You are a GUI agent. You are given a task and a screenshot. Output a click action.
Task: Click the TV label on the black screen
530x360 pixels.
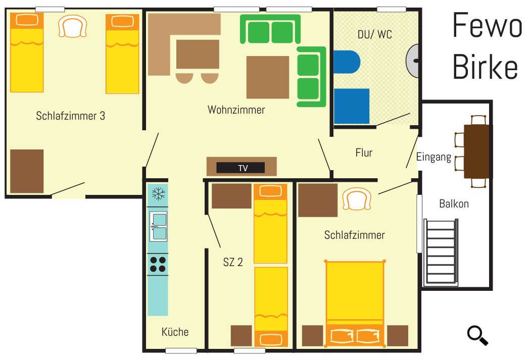243,168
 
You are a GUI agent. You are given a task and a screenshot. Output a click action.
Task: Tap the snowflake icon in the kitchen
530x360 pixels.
158,194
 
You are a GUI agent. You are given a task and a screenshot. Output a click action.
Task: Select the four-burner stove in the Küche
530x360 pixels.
158,265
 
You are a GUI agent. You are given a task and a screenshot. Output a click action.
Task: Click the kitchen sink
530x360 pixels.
158,226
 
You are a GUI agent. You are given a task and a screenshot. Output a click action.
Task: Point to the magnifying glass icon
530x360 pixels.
477,335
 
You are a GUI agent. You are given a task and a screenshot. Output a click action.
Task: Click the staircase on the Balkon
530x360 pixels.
441,252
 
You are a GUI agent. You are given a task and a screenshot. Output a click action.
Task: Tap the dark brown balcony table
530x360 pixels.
477,151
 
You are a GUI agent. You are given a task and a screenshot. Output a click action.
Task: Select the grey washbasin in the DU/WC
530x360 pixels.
412,61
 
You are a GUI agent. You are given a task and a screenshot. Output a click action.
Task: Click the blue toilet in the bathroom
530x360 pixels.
347,62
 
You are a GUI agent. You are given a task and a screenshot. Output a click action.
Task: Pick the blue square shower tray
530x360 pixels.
352,106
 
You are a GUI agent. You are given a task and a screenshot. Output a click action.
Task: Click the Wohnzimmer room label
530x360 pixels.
236,110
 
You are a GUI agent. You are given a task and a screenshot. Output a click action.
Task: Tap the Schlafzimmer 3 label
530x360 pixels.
70,116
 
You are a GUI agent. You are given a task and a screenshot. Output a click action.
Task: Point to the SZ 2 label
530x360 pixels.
233,262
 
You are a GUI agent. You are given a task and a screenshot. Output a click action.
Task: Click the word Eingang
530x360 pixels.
433,158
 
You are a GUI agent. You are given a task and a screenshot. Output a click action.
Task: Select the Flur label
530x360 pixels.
364,152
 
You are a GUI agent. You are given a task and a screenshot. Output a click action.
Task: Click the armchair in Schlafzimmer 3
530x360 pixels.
72,26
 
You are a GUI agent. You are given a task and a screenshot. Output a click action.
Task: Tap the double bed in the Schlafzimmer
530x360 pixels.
355,303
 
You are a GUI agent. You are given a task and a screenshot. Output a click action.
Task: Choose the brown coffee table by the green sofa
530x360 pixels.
268,77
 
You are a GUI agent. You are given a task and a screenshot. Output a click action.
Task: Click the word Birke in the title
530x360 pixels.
485,67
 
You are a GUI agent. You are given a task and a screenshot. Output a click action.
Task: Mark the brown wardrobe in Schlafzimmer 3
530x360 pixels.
27,171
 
